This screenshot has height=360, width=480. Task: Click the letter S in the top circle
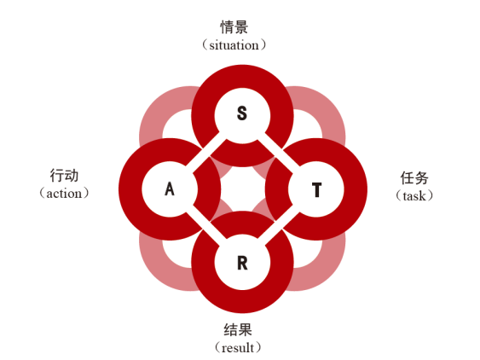pos(242,113)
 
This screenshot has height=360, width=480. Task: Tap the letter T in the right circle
pos(317,189)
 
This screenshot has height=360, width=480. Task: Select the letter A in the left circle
pos(170,189)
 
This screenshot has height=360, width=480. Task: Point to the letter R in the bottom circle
pos(242,263)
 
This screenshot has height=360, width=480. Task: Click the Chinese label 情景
pos(234,27)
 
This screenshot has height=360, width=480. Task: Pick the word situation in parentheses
pos(234,45)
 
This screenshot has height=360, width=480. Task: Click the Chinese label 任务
pos(414,178)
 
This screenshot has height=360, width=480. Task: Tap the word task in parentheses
pos(414,195)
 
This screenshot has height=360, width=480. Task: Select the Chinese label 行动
pos(64,176)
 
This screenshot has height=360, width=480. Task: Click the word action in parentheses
pos(64,194)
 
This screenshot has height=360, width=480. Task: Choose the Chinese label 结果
pos(238,330)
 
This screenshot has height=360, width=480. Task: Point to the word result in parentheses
pos(238,348)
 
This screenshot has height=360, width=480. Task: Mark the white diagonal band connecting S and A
pos(205,149)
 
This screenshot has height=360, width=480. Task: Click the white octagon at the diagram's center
pos(242,189)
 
